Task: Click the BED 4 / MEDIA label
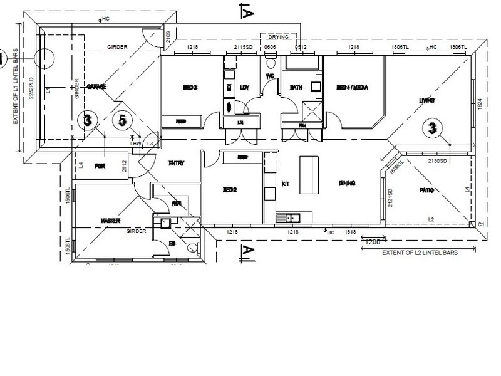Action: (x=351, y=88)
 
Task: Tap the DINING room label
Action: (x=347, y=184)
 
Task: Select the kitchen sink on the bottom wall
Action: (x=289, y=218)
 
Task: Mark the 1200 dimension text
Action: (x=373, y=242)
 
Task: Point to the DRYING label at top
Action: (x=279, y=38)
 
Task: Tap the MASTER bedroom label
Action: (x=110, y=221)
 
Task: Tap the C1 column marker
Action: (x=482, y=224)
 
